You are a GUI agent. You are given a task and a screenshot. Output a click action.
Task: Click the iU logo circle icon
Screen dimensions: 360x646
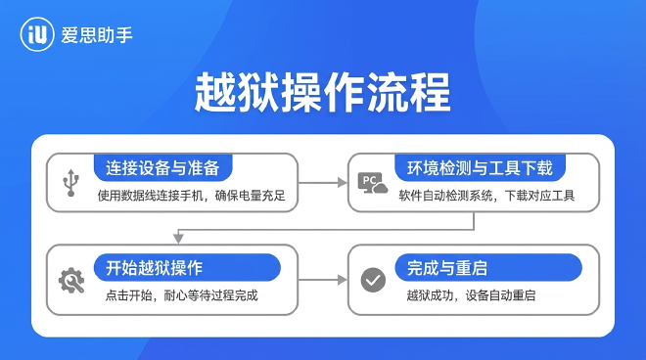pyautogui.click(x=37, y=35)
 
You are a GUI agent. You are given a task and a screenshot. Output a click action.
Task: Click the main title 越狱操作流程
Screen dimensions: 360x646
pyautogui.click(x=323, y=94)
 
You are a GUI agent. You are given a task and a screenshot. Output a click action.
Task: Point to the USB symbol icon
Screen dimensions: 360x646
pyautogui.click(x=70, y=182)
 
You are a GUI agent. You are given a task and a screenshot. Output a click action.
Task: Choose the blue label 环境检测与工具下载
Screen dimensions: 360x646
pyautogui.click(x=473, y=166)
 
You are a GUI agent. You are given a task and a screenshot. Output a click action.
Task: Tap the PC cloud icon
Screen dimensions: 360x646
pyautogui.click(x=372, y=183)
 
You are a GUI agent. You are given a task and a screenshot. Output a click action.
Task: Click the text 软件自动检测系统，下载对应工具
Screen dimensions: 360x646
pyautogui.click(x=485, y=196)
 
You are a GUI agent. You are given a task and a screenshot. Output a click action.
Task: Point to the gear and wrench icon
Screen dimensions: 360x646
pyautogui.click(x=71, y=281)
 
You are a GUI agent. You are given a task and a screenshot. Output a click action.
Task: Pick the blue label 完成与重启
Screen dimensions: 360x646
pyautogui.click(x=455, y=267)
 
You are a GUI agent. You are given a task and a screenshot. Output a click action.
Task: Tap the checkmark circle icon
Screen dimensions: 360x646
pyautogui.click(x=373, y=281)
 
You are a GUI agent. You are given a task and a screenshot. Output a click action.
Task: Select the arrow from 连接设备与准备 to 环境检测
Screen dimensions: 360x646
pyautogui.click(x=323, y=182)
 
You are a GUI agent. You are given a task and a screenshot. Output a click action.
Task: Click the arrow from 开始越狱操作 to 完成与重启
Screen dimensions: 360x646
pyautogui.click(x=323, y=280)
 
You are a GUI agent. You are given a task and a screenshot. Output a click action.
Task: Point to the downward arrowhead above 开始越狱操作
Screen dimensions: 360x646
pyautogui.click(x=177, y=238)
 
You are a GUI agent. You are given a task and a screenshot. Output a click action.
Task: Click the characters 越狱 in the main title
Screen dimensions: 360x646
pyautogui.click(x=226, y=94)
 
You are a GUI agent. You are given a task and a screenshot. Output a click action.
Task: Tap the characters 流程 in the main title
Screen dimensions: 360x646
pyautogui.click(x=420, y=94)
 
